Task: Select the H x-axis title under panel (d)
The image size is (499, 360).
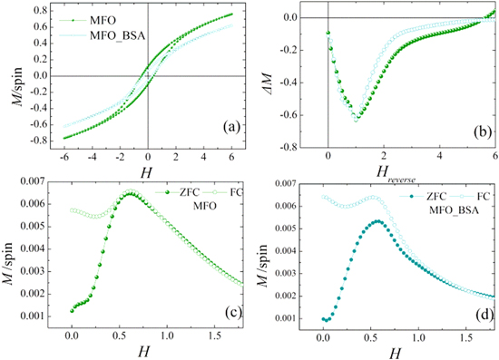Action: click(397, 349)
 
